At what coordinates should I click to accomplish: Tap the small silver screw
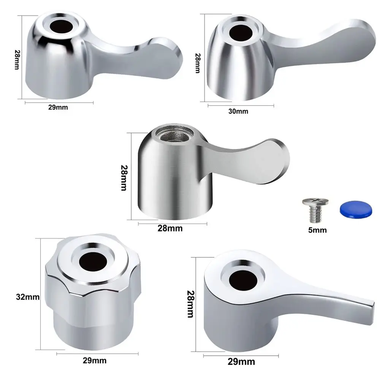coord(313,209)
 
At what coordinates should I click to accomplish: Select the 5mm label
coord(317,230)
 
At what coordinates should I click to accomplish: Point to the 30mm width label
coord(238,111)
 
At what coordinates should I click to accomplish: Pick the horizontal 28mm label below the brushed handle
coord(170,228)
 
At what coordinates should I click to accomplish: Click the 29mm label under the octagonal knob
coord(94,361)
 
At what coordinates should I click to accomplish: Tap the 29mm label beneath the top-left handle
coord(58,107)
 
